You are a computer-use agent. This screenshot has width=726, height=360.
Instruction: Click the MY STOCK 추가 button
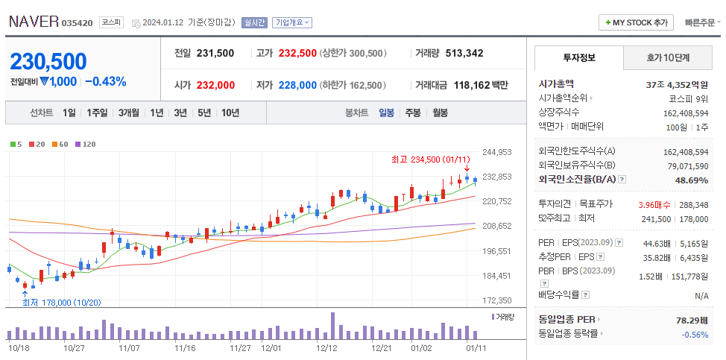pos(636,23)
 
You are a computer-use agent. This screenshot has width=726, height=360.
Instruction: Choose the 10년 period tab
pos(230,113)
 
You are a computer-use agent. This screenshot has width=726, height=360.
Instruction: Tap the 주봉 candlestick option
pos(412,113)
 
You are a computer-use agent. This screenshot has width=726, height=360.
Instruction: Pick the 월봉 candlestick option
pos(440,113)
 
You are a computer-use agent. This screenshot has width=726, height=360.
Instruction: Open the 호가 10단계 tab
pos(667,57)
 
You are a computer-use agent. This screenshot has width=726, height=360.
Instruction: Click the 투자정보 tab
pos(578,57)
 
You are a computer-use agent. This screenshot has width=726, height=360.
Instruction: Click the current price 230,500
pos(48,61)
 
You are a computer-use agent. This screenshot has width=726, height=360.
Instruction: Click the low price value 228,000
pos(297,85)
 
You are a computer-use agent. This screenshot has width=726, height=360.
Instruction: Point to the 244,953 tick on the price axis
pos(496,152)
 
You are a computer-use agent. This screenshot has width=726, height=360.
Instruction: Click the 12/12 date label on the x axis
pos(327,348)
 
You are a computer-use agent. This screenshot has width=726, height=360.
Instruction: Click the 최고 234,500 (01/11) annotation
pos(431,160)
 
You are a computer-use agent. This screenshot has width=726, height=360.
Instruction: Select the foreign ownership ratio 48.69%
pos(691,180)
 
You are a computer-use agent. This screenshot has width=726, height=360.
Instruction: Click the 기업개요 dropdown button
pos(292,23)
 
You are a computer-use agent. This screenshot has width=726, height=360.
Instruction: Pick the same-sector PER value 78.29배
pos(691,319)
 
